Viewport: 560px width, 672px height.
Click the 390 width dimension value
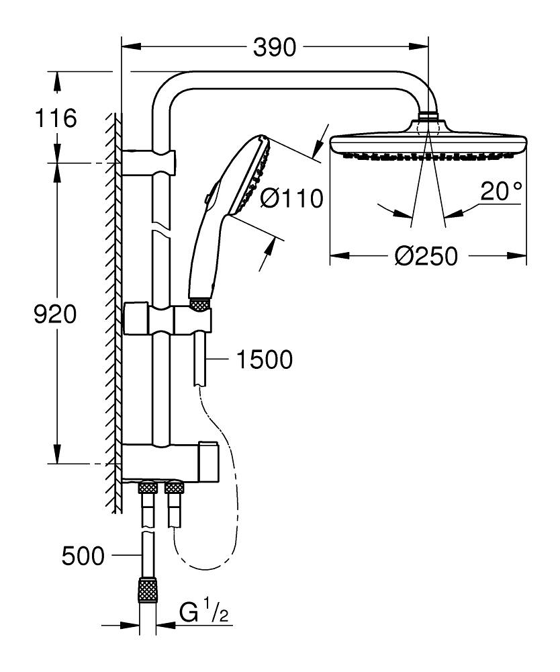click(275, 47)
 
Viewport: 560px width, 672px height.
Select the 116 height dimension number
click(56, 119)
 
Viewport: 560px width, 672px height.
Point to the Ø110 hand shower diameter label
click(291, 198)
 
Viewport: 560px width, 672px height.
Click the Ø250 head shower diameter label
click(426, 256)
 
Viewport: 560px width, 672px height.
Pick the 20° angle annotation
click(501, 192)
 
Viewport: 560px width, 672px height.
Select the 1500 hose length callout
click(264, 360)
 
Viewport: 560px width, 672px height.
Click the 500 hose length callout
click(83, 556)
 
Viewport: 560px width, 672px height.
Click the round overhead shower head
click(428, 142)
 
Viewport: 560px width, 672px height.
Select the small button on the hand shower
click(209, 196)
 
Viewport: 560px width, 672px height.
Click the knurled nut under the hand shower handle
click(200, 304)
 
